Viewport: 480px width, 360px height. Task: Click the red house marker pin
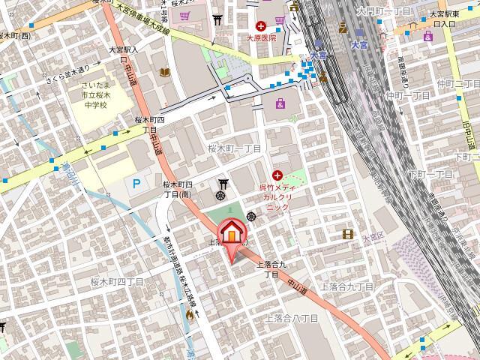232,234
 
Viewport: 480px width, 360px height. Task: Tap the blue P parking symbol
136,183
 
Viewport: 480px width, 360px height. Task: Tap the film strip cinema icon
346,234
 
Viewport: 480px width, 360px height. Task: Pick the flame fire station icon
190,316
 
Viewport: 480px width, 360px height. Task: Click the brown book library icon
165,72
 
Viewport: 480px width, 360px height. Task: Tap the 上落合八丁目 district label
293,319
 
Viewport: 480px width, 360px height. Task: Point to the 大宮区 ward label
372,237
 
